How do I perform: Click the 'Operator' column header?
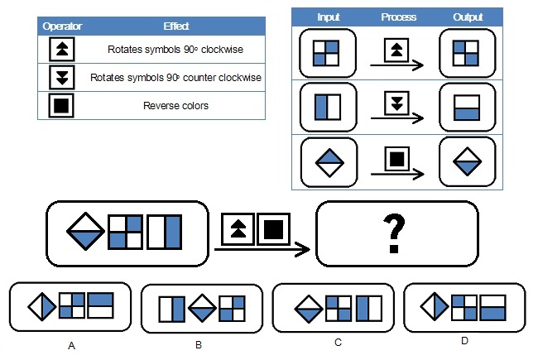coord(61,26)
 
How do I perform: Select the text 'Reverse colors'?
coord(175,105)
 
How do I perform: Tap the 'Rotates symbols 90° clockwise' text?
coord(175,50)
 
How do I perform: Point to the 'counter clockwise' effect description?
coord(175,78)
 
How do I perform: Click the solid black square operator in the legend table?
coord(61,105)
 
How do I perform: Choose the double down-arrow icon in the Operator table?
coord(61,78)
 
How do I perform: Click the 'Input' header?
coord(329,17)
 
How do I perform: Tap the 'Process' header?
coord(398,17)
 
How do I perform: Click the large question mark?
coord(397,235)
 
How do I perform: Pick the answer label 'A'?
coord(71,344)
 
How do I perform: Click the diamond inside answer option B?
coord(202,309)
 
